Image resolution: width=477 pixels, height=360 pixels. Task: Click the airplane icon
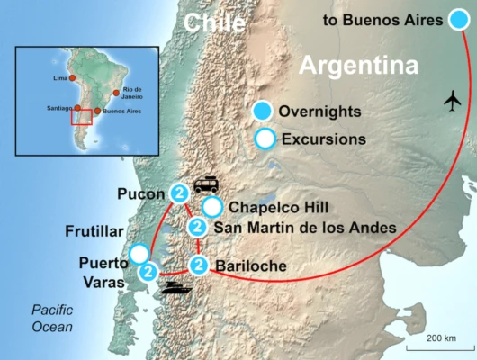[x=452, y=101]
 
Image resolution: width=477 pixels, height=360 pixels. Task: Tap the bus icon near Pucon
[x=205, y=184]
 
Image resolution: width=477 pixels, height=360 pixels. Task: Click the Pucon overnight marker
[x=179, y=193]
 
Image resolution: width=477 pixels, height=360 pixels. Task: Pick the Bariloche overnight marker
[x=199, y=265]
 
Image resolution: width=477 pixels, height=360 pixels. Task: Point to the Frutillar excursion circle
[x=139, y=253]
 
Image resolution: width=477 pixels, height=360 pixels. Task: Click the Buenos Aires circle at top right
[x=460, y=19]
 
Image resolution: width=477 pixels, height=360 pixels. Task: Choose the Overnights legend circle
[x=263, y=112]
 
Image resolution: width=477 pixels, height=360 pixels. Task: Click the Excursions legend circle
[x=264, y=139]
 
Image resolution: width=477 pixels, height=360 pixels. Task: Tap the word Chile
[x=214, y=22]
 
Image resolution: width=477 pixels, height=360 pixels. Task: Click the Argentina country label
[x=359, y=66]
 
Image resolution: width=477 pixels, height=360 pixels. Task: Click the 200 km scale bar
[x=436, y=346]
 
